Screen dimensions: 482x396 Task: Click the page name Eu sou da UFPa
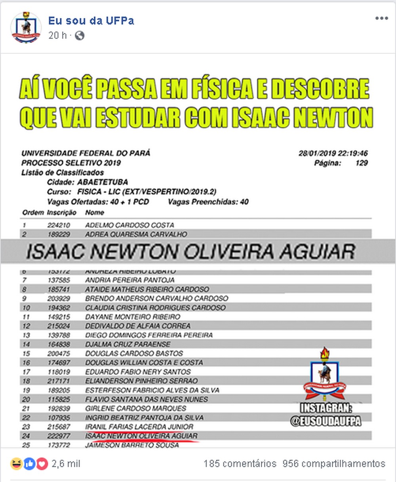coord(91,21)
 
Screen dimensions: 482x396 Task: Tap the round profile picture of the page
coord(26,27)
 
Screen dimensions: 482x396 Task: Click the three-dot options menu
coord(381,19)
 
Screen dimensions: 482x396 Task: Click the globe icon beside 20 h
coord(80,36)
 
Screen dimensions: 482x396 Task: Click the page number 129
coord(361,163)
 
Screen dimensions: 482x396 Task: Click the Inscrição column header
coord(62,213)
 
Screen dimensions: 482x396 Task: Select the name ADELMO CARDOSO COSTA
coord(129,225)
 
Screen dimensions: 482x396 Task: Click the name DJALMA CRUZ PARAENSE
coord(128,344)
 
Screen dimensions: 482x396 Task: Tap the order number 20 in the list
coord(26,399)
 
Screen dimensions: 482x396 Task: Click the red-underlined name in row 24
coord(141,436)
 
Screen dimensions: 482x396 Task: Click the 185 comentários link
coord(240,463)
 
